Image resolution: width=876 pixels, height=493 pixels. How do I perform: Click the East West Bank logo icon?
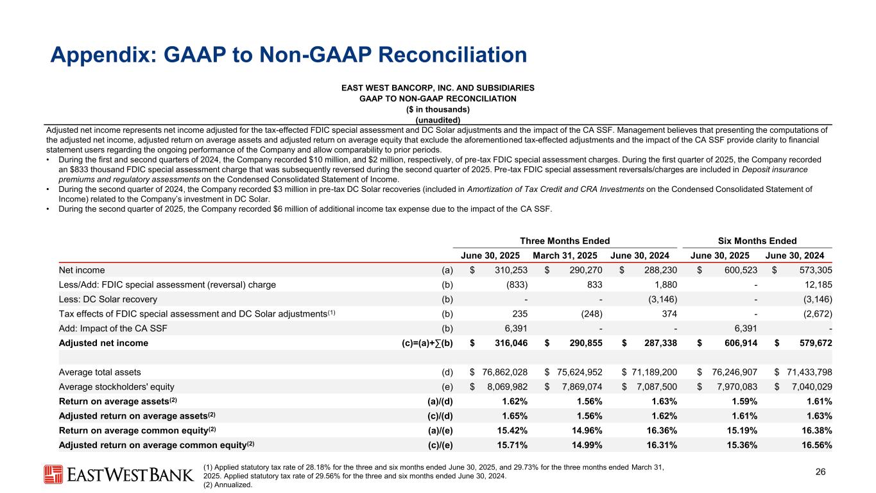pos(53,474)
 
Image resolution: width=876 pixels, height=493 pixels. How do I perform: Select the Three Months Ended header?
pos(565,241)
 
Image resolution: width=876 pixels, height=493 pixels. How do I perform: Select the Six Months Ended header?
pos(758,241)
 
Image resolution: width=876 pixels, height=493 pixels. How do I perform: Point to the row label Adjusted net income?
pos(103,343)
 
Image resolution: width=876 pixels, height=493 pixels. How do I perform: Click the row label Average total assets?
pos(100,372)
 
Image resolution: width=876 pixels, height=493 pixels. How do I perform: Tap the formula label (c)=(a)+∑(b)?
pos(423,343)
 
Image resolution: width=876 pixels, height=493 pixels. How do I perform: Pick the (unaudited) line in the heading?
pos(438,119)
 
